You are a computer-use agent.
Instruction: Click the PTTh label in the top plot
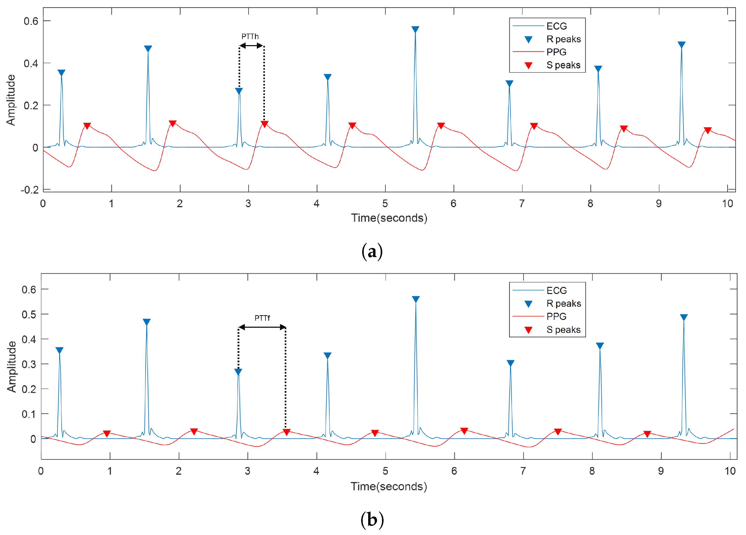[250, 36]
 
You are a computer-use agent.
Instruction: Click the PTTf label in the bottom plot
[262, 318]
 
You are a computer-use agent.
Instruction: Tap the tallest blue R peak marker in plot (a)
[415, 29]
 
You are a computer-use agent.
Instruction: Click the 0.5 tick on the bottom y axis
[29, 314]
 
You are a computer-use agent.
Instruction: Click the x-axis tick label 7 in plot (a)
[522, 204]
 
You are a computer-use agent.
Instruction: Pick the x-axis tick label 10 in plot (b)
[730, 471]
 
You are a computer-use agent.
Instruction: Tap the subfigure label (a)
[372, 252]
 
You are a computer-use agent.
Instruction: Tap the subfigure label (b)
[372, 520]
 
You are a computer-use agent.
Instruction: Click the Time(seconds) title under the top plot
[389, 218]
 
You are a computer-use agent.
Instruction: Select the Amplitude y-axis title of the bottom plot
[11, 367]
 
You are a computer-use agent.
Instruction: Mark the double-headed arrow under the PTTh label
[251, 46]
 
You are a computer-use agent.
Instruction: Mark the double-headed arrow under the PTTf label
[262, 327]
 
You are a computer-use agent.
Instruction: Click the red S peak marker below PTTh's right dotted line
[264, 124]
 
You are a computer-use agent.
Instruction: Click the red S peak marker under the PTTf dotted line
[287, 432]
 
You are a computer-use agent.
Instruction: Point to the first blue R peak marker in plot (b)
[59, 350]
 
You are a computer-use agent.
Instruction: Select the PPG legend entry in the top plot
[556, 52]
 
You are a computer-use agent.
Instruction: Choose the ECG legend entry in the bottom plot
[556, 290]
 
